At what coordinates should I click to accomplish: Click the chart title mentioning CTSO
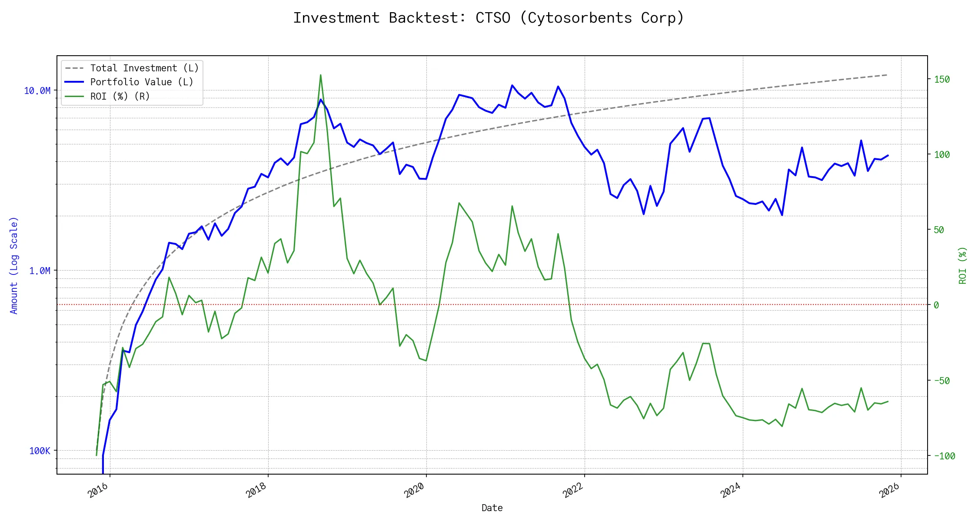pyautogui.click(x=489, y=18)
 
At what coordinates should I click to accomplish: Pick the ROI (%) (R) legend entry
pyautogui.click(x=120, y=96)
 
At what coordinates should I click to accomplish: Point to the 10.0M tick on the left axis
pyautogui.click(x=37, y=90)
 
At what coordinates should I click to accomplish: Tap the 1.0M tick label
pyautogui.click(x=40, y=271)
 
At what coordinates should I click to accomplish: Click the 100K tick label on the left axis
pyautogui.click(x=40, y=451)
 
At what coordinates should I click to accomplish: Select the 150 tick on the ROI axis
pyautogui.click(x=941, y=79)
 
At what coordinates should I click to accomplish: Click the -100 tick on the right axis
pyautogui.click(x=944, y=456)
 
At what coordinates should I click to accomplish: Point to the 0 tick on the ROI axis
pyautogui.click(x=936, y=305)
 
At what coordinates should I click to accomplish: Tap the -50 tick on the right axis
pyautogui.click(x=941, y=381)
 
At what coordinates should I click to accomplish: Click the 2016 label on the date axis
pyautogui.click(x=98, y=490)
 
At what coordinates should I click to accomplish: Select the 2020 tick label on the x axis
pyautogui.click(x=414, y=490)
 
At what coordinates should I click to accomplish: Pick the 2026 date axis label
pyautogui.click(x=889, y=490)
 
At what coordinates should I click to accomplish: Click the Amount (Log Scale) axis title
pyautogui.click(x=14, y=265)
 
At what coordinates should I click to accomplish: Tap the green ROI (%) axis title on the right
pyautogui.click(x=962, y=265)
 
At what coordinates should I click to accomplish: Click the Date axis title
pyautogui.click(x=492, y=508)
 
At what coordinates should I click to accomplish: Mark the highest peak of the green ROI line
pyautogui.click(x=321, y=75)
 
